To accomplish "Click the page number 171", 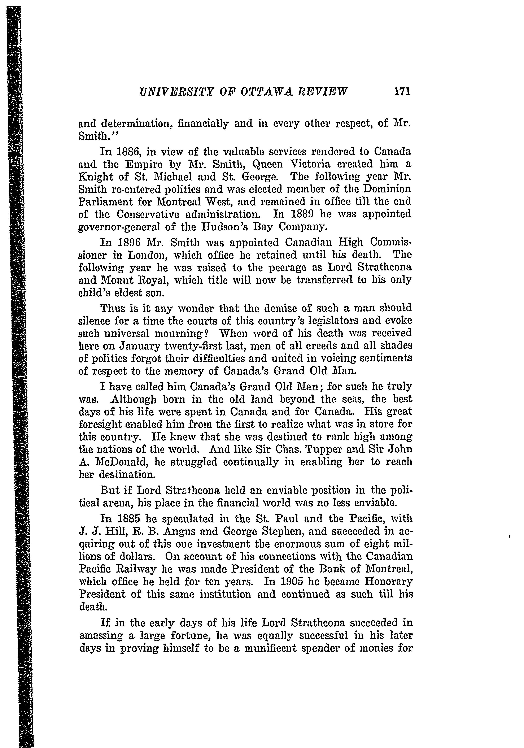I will coord(402,92).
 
